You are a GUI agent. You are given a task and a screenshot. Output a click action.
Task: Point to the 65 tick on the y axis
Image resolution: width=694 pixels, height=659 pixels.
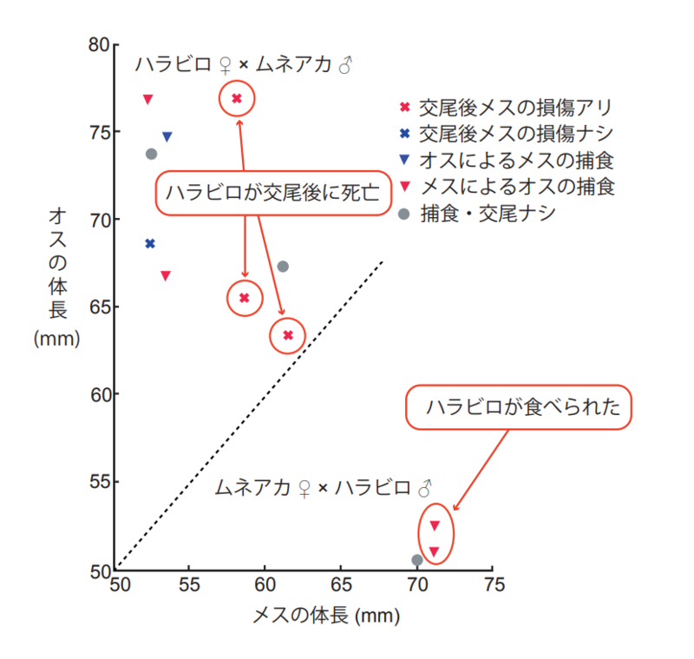coord(115,307)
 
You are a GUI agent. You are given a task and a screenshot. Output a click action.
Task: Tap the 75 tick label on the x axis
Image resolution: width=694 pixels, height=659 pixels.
coord(492,584)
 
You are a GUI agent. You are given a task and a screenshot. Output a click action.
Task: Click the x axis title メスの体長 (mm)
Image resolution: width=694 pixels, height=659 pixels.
coord(325,616)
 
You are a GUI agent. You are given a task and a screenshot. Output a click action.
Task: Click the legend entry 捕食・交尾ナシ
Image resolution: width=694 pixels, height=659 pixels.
coord(486,214)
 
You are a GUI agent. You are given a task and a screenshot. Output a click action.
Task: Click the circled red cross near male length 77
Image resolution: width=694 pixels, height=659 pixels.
coord(237,98)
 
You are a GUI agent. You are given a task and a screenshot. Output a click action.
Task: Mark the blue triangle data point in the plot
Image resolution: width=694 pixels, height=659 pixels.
coord(167,136)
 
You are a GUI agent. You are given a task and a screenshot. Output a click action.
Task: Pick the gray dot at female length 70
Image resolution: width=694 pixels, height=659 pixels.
coord(417,560)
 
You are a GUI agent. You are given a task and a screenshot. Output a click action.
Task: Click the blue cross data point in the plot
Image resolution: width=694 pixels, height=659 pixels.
coord(150,244)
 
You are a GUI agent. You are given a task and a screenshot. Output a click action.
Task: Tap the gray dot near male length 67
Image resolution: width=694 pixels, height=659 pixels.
coord(282,267)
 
